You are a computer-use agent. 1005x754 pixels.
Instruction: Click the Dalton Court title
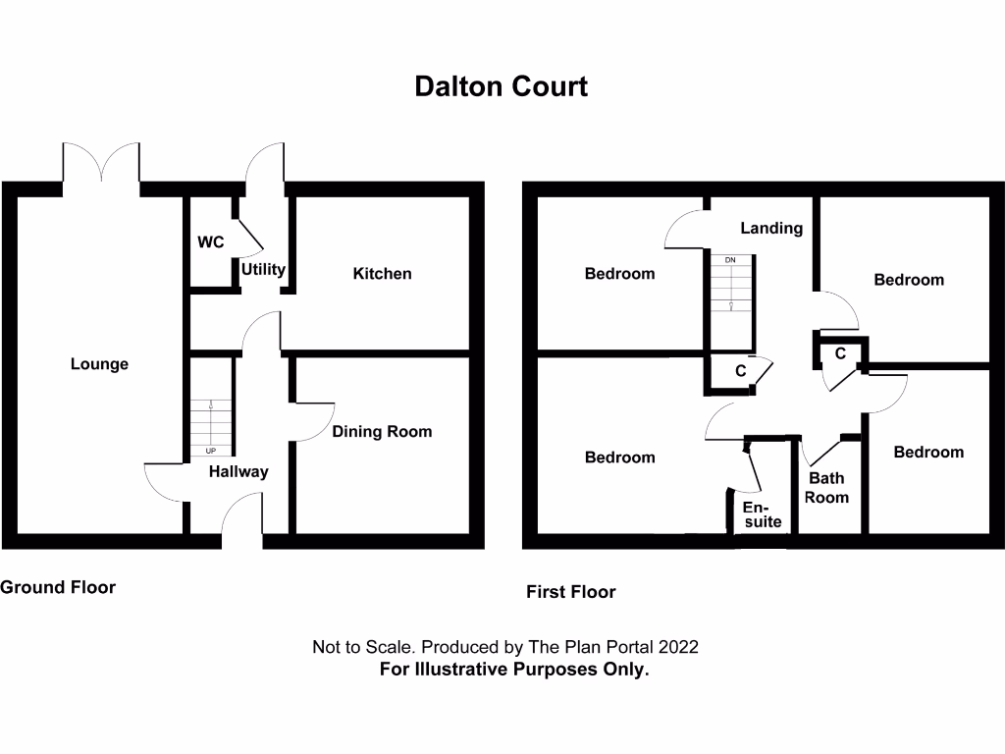tap(502, 86)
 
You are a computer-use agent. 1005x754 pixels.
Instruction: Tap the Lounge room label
tap(99, 364)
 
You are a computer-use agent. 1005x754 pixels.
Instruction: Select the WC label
tap(211, 242)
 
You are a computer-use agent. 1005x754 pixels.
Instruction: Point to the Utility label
tap(263, 269)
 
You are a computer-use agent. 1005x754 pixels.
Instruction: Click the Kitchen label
tap(382, 274)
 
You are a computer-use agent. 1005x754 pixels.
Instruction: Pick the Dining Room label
tap(382, 432)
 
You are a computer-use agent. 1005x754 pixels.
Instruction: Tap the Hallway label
tap(238, 472)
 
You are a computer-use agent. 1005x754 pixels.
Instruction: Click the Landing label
tap(771, 228)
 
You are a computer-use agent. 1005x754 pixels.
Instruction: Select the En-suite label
tap(763, 514)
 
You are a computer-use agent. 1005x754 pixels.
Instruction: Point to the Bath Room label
tap(826, 487)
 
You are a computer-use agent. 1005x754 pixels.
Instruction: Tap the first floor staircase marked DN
tap(730, 284)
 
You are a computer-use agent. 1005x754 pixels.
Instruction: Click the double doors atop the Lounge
tap(101, 163)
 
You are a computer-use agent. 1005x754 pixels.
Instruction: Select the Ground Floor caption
tap(58, 587)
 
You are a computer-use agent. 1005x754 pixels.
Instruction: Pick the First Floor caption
tap(571, 592)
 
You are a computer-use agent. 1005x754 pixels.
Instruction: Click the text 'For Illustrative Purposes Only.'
tap(514, 670)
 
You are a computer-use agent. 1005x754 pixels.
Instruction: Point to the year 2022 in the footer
tap(678, 647)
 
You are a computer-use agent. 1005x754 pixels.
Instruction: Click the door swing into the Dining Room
tap(313, 422)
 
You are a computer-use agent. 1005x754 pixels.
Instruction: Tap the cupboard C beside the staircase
tap(741, 370)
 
